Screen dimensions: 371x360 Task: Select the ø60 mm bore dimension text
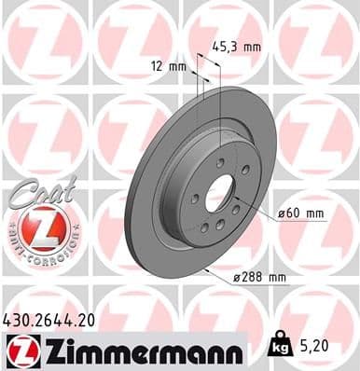(x=301, y=214)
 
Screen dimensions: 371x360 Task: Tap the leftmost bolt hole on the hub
(x=195, y=198)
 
